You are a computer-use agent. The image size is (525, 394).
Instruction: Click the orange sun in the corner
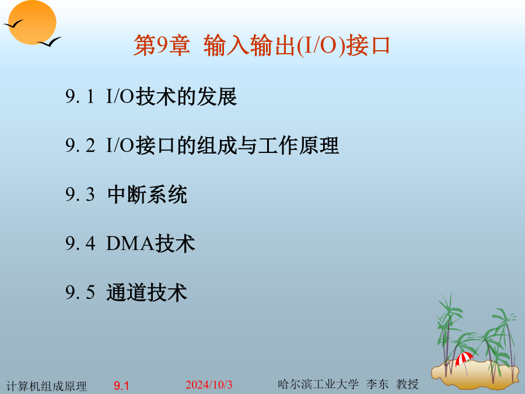pos(32,22)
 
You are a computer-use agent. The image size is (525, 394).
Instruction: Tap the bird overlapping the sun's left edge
pos(13,24)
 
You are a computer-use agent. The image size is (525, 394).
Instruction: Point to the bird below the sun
pos(49,42)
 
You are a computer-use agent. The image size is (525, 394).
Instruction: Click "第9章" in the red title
pos(162,45)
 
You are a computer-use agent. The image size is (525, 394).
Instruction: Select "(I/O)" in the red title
pos(321,45)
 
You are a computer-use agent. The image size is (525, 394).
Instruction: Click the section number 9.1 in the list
pos(80,96)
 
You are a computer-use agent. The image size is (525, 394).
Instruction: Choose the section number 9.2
pos(80,145)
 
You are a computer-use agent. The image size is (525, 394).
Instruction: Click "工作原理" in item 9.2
pos(299,145)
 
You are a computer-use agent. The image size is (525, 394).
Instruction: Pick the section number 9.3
pos(80,194)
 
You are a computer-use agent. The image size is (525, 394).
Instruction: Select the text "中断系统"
pos(147,194)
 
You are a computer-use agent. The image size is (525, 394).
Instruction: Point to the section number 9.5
pos(80,292)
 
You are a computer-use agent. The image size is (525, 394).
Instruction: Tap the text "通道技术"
pos(146,292)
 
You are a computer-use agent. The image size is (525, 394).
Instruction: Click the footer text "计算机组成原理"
pos(47,386)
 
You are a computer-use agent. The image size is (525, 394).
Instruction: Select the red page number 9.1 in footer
pos(121,386)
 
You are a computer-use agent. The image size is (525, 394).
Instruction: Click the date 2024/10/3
pos(209,385)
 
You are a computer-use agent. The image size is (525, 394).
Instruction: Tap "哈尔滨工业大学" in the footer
pos(318,384)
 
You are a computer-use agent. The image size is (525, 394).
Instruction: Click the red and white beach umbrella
pos(464,359)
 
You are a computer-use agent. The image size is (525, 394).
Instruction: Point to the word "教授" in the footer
pos(407,384)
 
